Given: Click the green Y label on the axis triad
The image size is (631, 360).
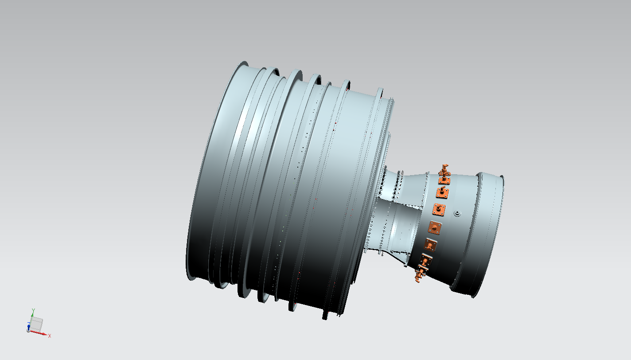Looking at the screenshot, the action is coord(33,310).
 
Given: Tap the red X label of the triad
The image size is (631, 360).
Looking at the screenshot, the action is coord(50,336).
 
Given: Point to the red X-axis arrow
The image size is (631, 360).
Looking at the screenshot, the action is coord(39,333).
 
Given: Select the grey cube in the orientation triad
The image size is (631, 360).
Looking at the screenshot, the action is coord(36,324).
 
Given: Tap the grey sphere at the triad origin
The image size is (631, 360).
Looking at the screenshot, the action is coord(28,330).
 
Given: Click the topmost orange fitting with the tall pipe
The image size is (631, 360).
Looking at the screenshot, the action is coord(444,174).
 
